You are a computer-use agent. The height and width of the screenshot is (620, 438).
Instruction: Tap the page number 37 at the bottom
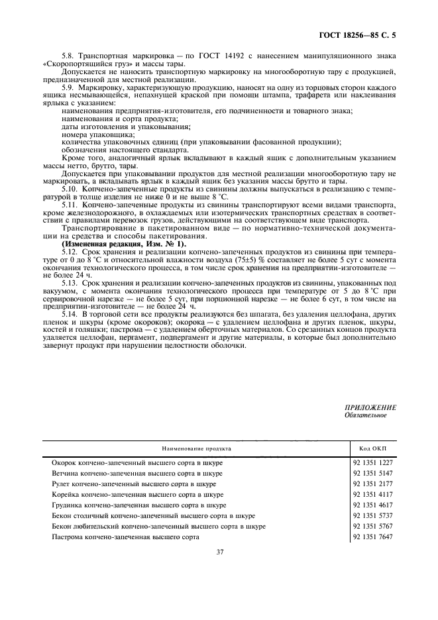[219, 550]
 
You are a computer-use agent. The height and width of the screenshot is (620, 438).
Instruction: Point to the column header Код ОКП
[374, 448]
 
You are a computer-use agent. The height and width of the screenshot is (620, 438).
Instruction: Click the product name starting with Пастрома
[125, 537]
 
